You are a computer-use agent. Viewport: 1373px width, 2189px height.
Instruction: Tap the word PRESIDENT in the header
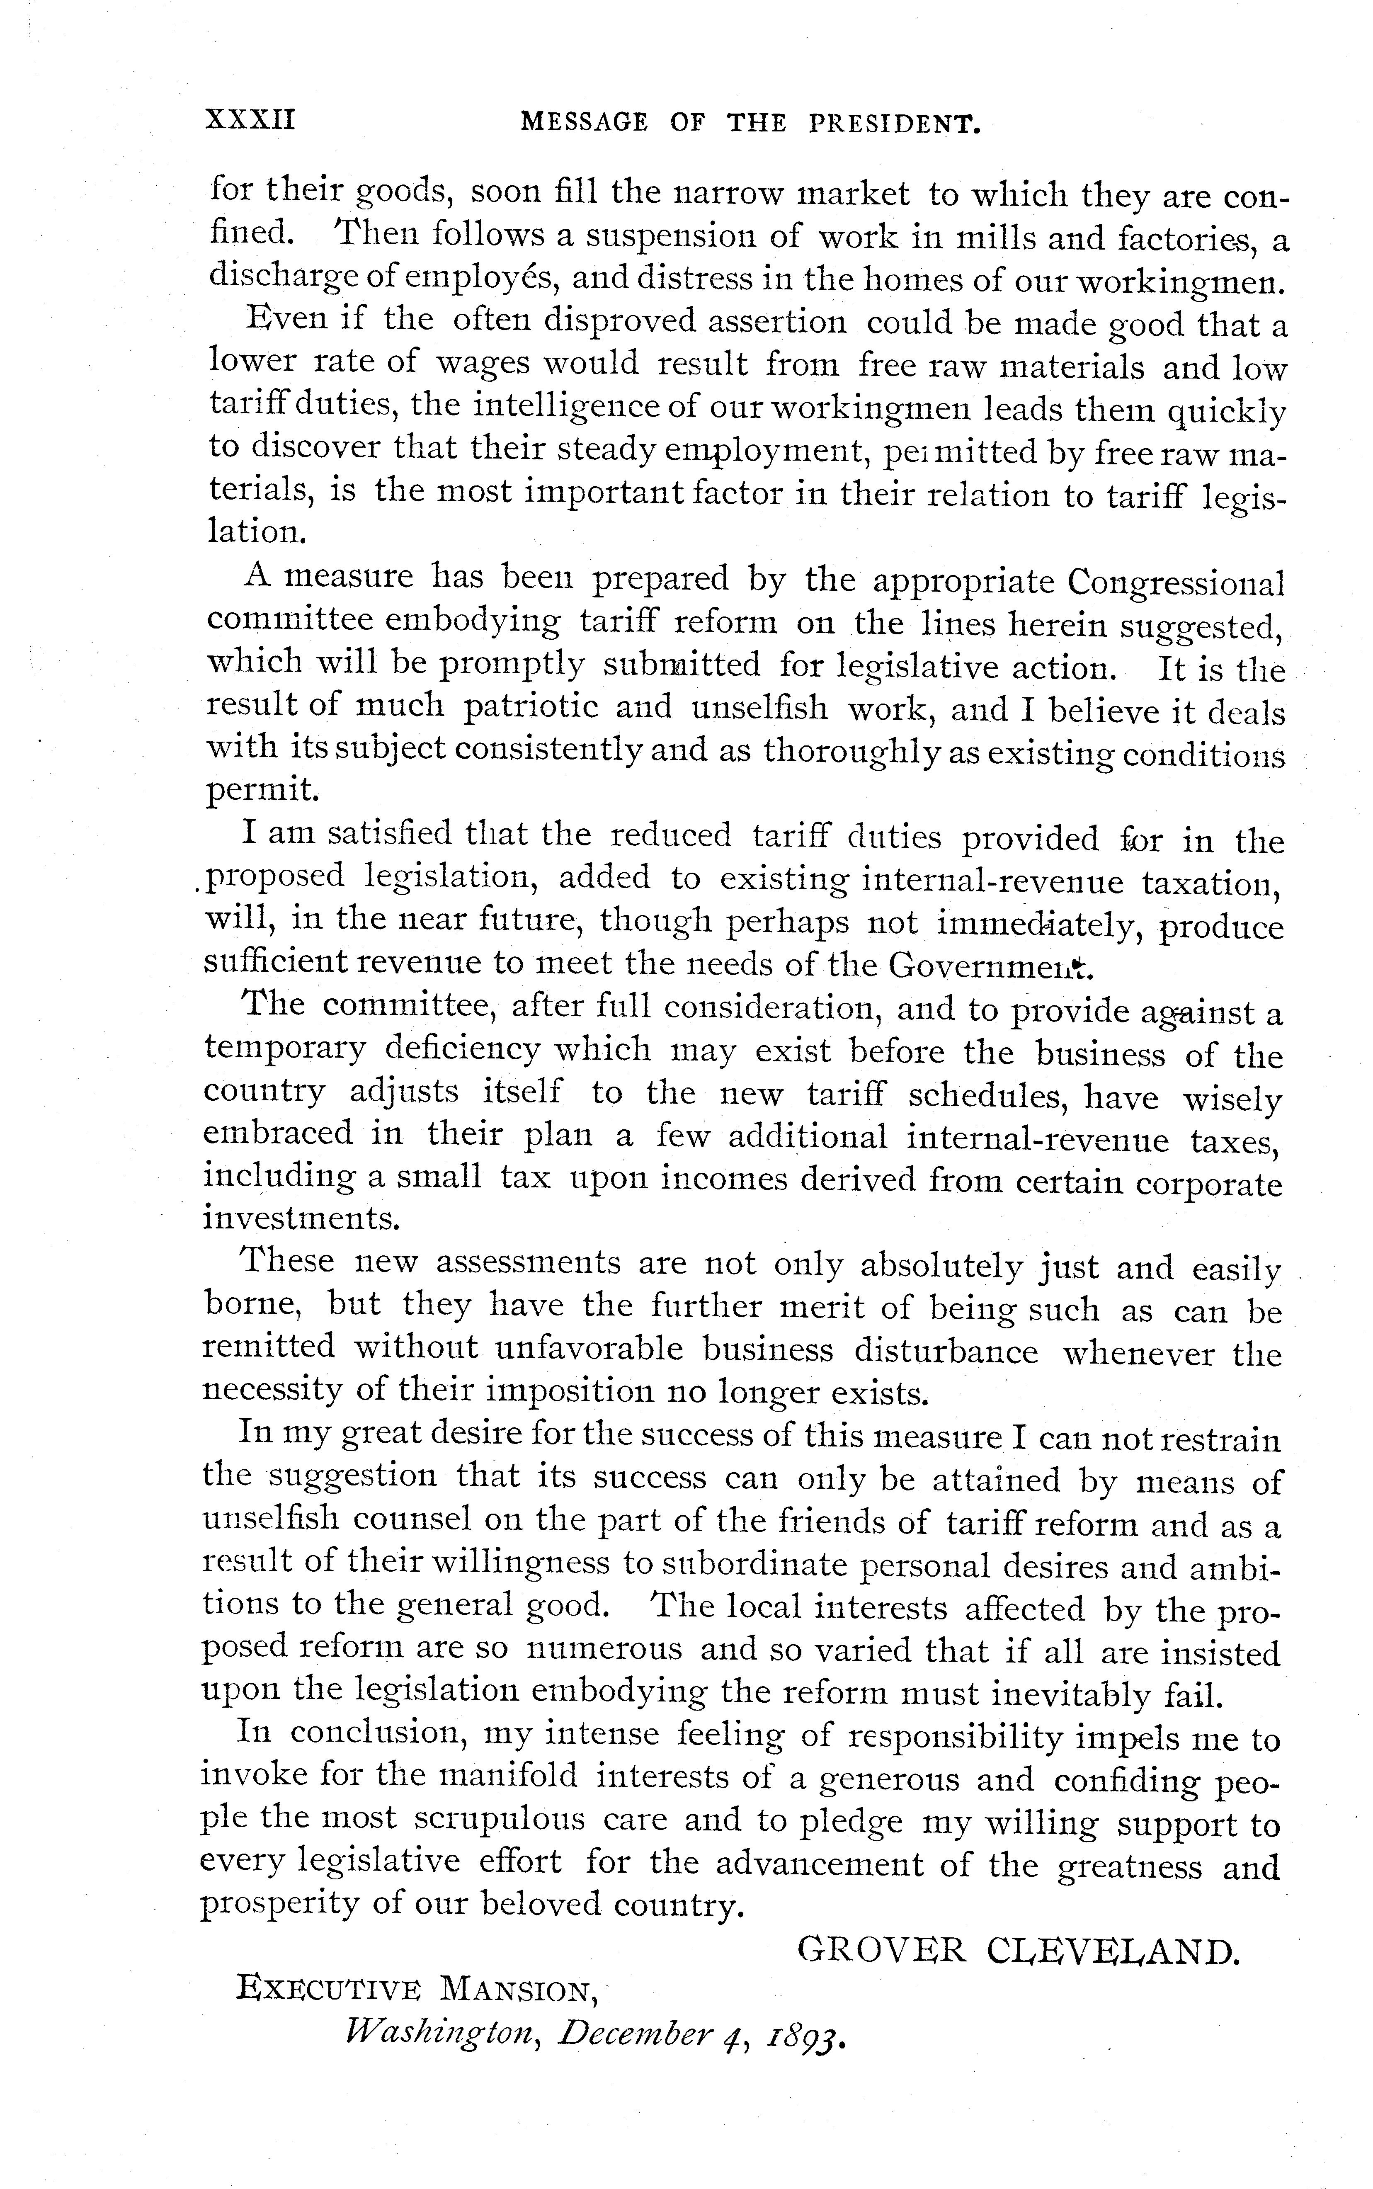pyautogui.click(x=895, y=124)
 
